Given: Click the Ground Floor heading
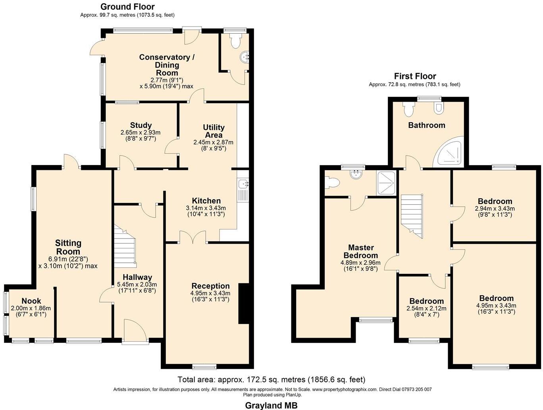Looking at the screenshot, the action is click(x=127, y=7).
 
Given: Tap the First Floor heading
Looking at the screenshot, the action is click(x=415, y=76).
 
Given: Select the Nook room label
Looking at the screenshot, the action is click(x=31, y=301).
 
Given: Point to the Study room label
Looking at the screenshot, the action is click(x=141, y=125).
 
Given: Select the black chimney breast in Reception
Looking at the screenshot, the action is click(x=243, y=303).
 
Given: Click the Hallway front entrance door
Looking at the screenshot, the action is click(x=135, y=330).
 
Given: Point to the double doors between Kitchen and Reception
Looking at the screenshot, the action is click(x=193, y=237).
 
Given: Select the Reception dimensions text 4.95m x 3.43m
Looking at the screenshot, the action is click(x=210, y=293).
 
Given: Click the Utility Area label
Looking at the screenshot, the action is click(x=214, y=131).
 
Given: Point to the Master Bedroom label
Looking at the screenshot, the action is click(x=361, y=251).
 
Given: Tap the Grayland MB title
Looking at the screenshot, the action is click(x=271, y=405).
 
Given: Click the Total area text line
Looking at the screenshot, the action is click(x=271, y=379).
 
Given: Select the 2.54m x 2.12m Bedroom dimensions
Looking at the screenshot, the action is click(x=426, y=308).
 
